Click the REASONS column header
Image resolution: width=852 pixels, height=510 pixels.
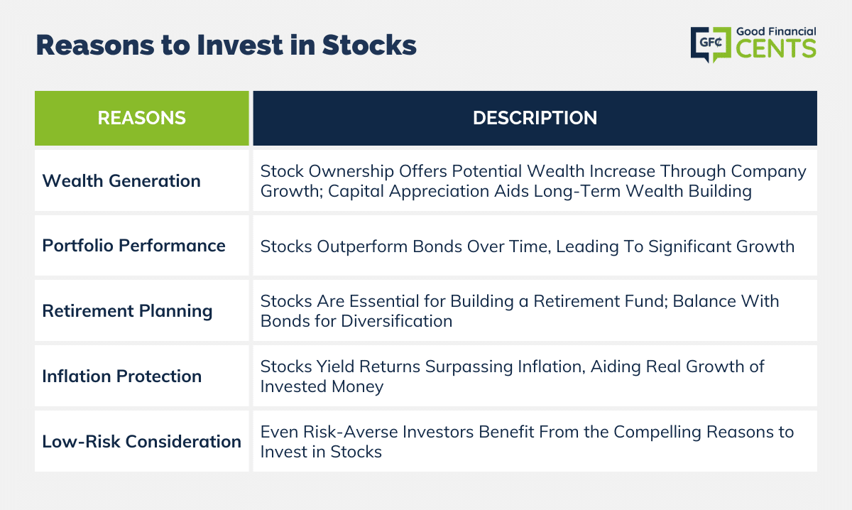pyautogui.click(x=141, y=118)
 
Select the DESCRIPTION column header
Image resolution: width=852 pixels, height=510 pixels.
pyautogui.click(x=535, y=118)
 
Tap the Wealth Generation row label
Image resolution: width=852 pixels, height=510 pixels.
pyautogui.click(x=121, y=181)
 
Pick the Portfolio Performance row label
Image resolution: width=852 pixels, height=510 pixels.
pyautogui.click(x=133, y=246)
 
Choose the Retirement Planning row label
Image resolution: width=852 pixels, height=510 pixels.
pyautogui.click(x=127, y=311)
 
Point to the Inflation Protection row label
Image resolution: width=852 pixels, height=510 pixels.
pyautogui.click(x=121, y=376)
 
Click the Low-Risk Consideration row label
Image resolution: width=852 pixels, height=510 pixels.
pyautogui.click(x=141, y=442)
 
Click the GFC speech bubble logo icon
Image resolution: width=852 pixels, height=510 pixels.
pyautogui.click(x=711, y=44)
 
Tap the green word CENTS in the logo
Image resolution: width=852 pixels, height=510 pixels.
pyautogui.click(x=776, y=49)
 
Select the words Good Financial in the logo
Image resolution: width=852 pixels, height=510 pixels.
pyautogui.click(x=776, y=31)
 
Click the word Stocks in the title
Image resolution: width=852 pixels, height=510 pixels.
pyautogui.click(x=369, y=45)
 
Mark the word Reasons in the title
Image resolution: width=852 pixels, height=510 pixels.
pyautogui.click(x=95, y=45)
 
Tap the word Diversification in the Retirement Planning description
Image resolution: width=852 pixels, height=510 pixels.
pyautogui.click(x=397, y=321)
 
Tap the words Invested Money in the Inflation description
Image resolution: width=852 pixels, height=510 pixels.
pyautogui.click(x=322, y=386)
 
